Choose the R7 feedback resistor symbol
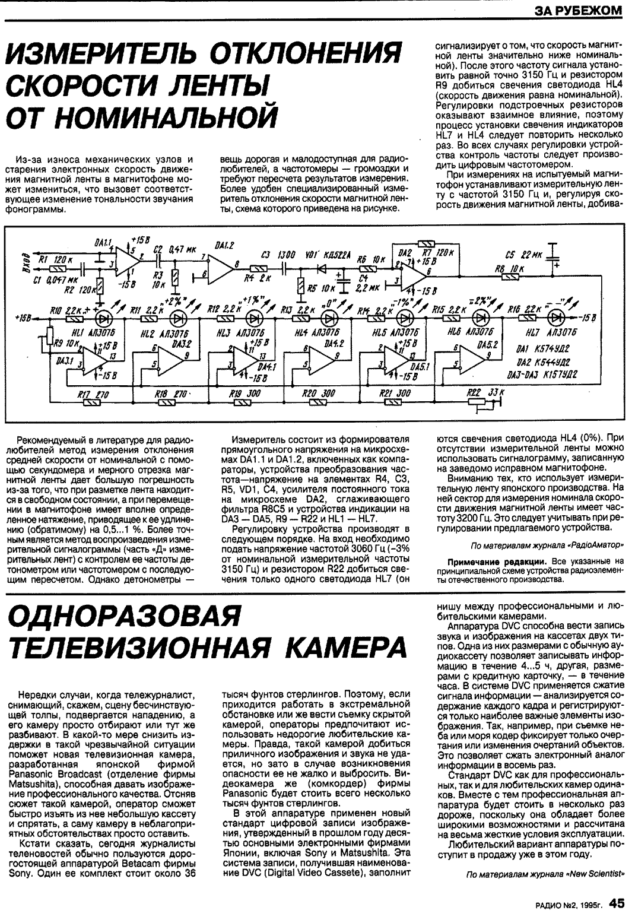click(426, 243)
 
